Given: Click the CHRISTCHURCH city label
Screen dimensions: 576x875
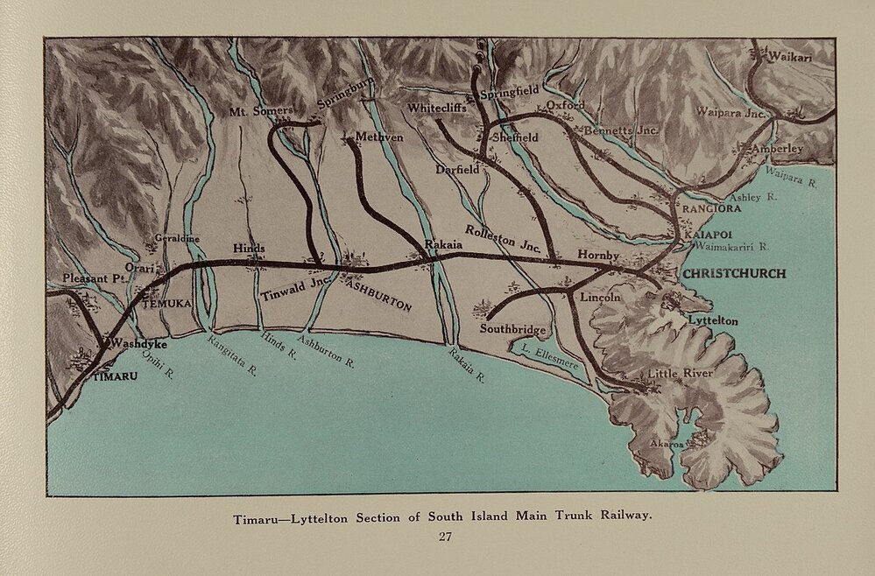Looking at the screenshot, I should pyautogui.click(x=733, y=273).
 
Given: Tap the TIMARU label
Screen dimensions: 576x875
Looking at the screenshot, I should pyautogui.click(x=115, y=377).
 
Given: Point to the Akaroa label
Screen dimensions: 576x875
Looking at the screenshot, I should pyautogui.click(x=665, y=443).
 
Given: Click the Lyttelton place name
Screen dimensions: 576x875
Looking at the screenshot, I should pyautogui.click(x=714, y=321).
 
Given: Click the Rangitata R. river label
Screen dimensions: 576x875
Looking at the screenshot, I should pyautogui.click(x=232, y=357).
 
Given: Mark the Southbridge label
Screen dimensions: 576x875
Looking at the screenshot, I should pyautogui.click(x=513, y=330).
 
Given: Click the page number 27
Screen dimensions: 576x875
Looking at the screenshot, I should pyautogui.click(x=444, y=537).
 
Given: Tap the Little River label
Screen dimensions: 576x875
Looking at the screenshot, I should pyautogui.click(x=681, y=375).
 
